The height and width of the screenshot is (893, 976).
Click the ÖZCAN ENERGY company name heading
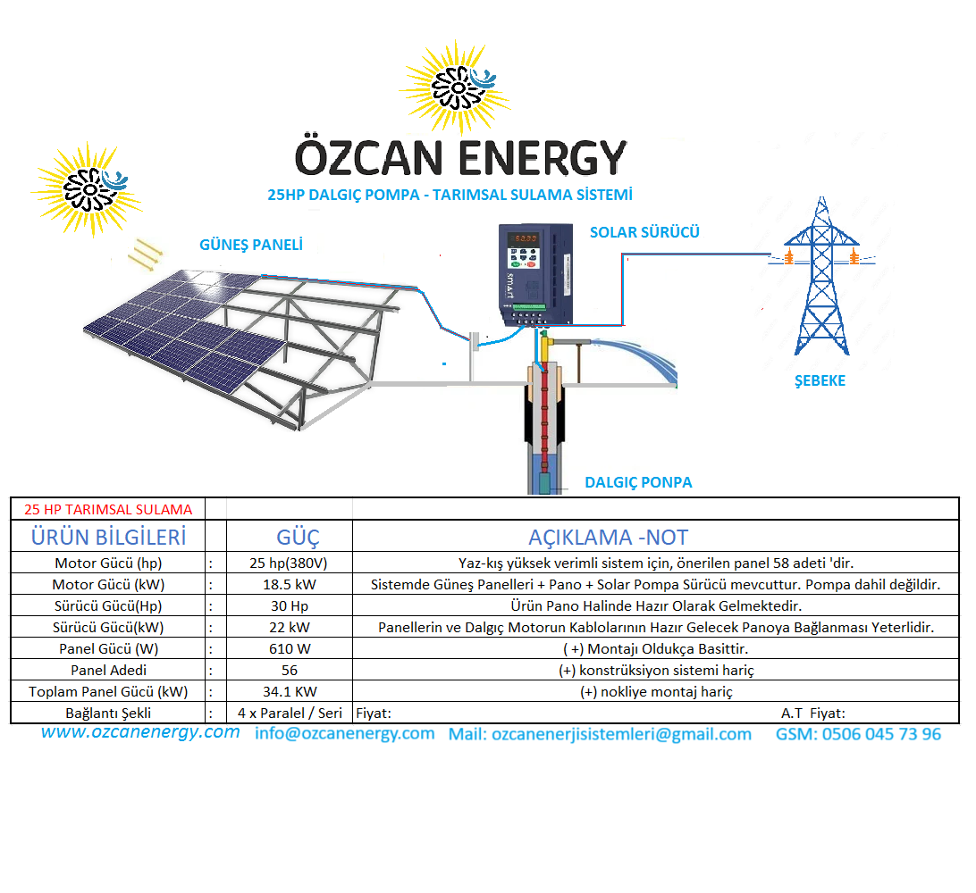coord(460,157)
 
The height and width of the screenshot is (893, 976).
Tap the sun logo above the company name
coord(456,88)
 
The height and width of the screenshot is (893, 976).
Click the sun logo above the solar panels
coord(88,189)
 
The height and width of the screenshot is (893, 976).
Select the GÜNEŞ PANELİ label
coord(251,245)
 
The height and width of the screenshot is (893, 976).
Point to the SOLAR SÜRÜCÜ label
coord(644,232)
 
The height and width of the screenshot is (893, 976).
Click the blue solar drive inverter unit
coord(535,275)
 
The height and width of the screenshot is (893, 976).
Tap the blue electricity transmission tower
coord(821,276)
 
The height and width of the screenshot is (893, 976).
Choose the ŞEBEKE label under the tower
coord(820,380)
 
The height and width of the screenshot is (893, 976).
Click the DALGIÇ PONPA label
coord(638,482)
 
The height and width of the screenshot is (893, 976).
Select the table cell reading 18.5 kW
coord(290,585)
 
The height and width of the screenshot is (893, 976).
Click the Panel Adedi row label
coord(108,671)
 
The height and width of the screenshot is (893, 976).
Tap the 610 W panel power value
coord(290,649)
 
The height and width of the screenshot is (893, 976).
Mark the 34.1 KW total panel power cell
coord(290,691)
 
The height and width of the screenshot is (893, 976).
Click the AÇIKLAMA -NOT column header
coord(608,538)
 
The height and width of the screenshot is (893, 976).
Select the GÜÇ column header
coord(298,538)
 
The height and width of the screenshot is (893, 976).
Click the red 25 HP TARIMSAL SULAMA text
coord(108,510)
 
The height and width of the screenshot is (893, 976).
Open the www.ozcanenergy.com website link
coord(140,732)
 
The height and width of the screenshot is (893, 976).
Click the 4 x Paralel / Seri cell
coord(290,714)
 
